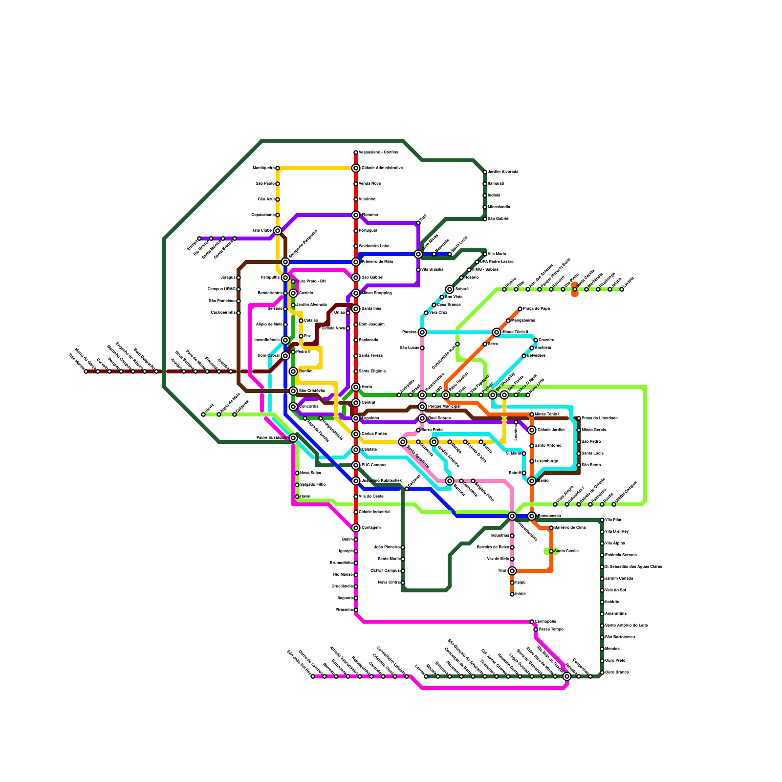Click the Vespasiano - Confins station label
click(x=378, y=152)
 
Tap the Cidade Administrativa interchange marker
click(x=356, y=168)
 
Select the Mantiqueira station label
click(x=263, y=168)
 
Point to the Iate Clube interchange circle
click(x=278, y=231)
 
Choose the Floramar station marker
click(x=356, y=215)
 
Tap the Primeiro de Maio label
click(x=377, y=262)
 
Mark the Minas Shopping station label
click(x=376, y=293)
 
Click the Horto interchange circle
click(x=356, y=387)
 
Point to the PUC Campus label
click(x=374, y=465)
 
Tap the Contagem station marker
click(x=356, y=528)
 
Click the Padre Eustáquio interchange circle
click(x=293, y=438)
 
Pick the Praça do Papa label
click(x=536, y=309)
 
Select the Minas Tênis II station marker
click(x=497, y=332)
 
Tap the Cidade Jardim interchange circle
click(x=532, y=430)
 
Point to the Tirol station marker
click(x=512, y=571)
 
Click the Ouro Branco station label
click(x=617, y=673)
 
